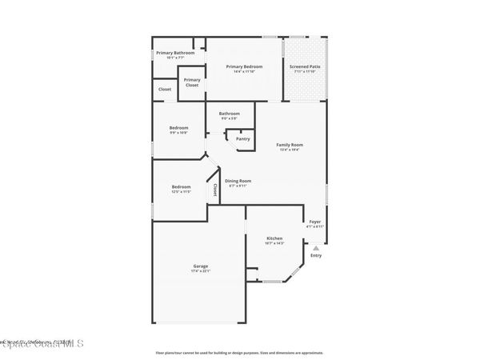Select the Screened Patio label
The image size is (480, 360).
(305, 66)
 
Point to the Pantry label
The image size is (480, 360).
(242, 138)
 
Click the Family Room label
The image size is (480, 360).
(290, 145)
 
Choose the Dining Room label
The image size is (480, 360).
(238, 181)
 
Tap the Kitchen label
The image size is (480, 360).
(274, 238)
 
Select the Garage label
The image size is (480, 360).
(200, 266)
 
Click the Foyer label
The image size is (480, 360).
(315, 222)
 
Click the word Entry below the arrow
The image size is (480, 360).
(316, 255)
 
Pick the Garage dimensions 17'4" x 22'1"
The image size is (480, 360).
(200, 271)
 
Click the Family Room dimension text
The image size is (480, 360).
(290, 150)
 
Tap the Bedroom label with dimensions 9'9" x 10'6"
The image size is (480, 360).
(178, 128)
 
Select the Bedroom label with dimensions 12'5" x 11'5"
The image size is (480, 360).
(181, 187)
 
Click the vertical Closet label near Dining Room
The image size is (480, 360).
(214, 190)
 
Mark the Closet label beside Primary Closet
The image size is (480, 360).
(164, 90)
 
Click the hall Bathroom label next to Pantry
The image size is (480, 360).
(230, 114)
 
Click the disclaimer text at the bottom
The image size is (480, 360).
(239, 352)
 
